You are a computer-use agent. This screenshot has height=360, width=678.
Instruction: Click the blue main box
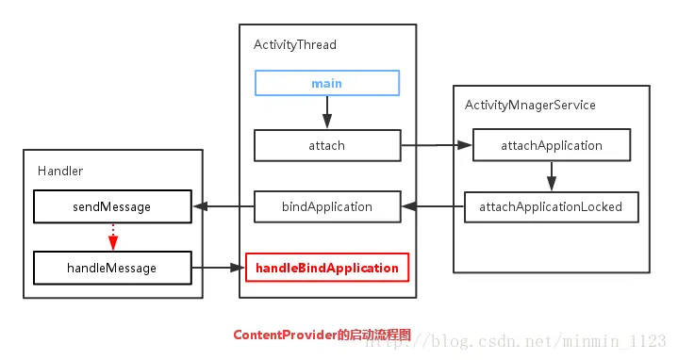[x=326, y=84]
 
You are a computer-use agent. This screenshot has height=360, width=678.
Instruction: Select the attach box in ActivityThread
[x=326, y=146]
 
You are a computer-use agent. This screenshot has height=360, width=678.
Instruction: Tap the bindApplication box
[x=326, y=206]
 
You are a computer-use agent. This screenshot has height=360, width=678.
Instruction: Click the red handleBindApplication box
[x=326, y=269]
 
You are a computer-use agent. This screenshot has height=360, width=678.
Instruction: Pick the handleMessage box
[x=111, y=269]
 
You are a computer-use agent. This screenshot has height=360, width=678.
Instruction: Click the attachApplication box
[x=552, y=146]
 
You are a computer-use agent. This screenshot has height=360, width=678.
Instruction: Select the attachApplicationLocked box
[x=551, y=206]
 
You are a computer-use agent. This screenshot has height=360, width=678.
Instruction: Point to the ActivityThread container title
[x=295, y=44]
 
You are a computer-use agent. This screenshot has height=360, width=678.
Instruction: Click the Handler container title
[x=61, y=171]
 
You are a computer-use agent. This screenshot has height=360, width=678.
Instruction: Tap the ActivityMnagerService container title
[x=530, y=106]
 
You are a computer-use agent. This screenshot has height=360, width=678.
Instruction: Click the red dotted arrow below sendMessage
[x=111, y=237]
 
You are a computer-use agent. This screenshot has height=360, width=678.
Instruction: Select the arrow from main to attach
[x=326, y=114]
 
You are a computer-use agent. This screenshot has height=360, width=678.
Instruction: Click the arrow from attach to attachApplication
[x=436, y=146]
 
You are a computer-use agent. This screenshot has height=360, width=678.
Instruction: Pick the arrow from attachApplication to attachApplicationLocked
[x=552, y=176]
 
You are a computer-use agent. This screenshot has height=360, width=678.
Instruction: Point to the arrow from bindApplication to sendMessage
[x=222, y=206]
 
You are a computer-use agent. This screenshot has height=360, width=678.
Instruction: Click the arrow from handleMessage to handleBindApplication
[x=218, y=269]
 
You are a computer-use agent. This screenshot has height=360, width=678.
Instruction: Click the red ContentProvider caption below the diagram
[x=322, y=335]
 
